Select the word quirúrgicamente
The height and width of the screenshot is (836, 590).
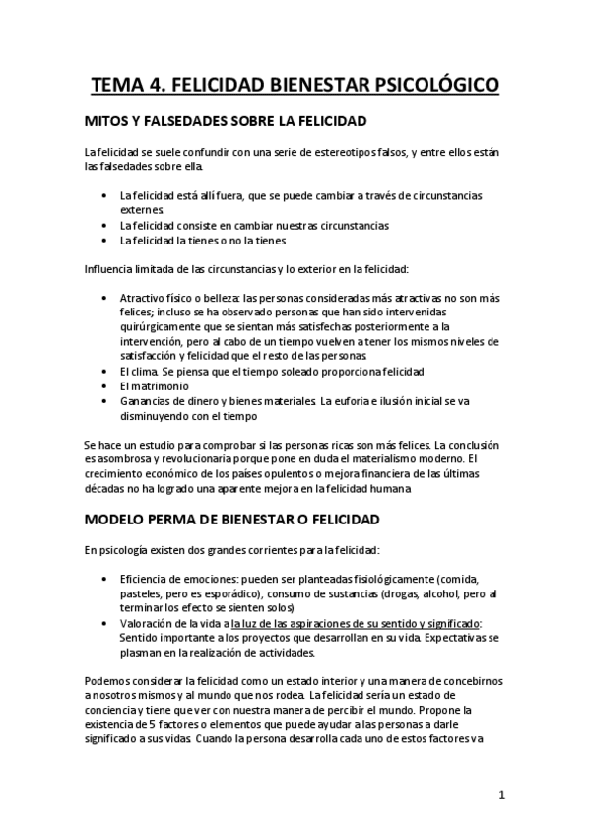pyautogui.click(x=164, y=313)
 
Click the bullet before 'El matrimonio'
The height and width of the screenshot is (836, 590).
pyautogui.click(x=105, y=386)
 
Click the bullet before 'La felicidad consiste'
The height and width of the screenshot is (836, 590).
pyautogui.click(x=105, y=226)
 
